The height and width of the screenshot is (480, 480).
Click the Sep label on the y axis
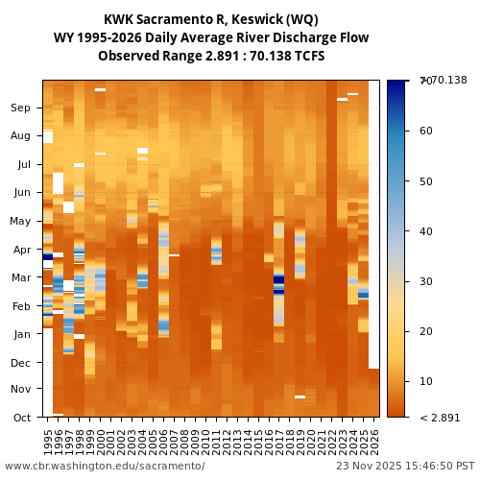[x=21, y=108]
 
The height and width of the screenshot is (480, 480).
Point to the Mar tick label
[x=21, y=277]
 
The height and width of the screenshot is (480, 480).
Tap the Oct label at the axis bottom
[x=21, y=417]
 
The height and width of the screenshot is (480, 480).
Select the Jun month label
[x=21, y=193]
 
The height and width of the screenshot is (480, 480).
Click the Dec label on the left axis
[x=21, y=363]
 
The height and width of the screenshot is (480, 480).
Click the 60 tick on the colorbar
[x=425, y=131]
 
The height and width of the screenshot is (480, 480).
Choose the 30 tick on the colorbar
[x=425, y=281]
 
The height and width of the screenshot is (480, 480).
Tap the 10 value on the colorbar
[x=425, y=381]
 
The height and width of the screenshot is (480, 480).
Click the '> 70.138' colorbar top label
[x=442, y=80]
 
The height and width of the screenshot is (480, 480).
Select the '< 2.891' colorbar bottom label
[x=440, y=418]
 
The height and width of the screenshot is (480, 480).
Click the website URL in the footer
[x=105, y=467]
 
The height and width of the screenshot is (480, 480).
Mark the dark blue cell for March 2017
[x=279, y=280]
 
